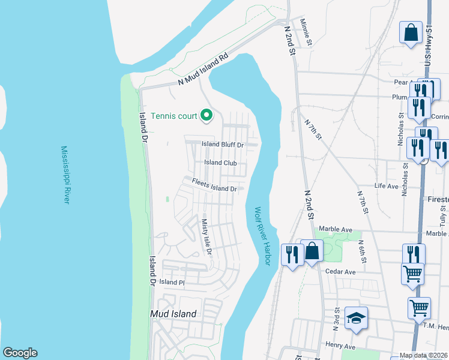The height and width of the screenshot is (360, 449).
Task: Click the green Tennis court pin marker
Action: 206,114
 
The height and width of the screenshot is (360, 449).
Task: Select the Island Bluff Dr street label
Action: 222,145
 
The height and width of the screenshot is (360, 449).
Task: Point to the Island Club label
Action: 220,163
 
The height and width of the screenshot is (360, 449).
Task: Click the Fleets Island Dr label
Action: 214,185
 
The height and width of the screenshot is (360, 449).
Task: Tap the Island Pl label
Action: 172,282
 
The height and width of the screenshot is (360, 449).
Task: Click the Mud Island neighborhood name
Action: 173,314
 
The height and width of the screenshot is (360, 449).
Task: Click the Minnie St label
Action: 307,32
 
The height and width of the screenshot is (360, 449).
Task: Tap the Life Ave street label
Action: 387,187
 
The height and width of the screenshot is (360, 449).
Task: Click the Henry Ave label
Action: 341,346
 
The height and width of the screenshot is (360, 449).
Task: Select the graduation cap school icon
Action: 357,319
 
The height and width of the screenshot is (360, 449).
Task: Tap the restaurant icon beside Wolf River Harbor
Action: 292,254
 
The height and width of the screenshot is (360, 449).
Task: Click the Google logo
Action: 20,353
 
